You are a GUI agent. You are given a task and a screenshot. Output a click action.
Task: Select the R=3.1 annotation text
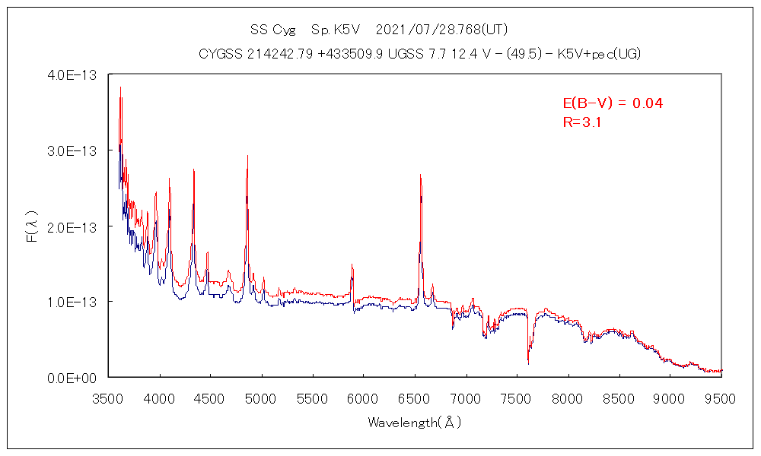[582, 122]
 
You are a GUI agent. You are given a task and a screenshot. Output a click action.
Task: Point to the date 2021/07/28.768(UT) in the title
[441, 30]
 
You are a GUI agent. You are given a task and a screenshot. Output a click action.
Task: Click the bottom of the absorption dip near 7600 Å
[528, 364]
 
